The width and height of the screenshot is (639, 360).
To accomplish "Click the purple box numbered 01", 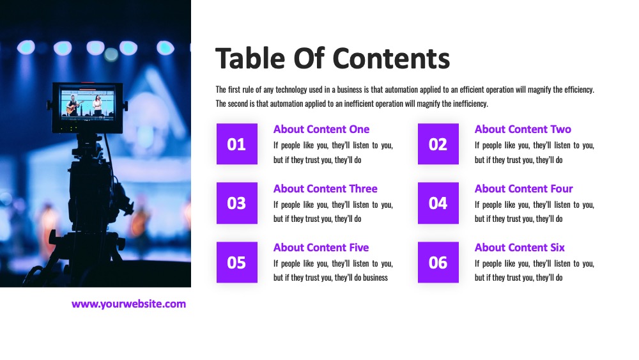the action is [237, 144].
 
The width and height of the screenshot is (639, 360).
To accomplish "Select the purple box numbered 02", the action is [438, 144].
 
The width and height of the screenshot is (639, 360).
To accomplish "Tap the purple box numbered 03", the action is [237, 203].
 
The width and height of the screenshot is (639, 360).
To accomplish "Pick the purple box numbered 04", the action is [438, 203].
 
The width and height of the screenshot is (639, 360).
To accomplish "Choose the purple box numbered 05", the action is [237, 262].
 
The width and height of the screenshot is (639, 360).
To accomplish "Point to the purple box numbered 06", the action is [438, 262].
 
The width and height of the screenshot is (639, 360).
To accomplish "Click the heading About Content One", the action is [321, 129].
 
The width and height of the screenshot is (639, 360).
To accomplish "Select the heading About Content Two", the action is [523, 129].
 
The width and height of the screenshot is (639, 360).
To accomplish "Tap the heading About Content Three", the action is [325, 189].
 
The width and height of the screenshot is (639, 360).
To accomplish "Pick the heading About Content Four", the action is [524, 189].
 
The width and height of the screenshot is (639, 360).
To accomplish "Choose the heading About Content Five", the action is [321, 247].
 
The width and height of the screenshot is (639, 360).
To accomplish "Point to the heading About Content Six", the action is [520, 247].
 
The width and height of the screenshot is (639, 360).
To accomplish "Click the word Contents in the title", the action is [391, 58].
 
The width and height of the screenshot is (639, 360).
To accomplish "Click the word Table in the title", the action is [250, 58].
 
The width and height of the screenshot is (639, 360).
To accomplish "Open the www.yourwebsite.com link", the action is [129, 304].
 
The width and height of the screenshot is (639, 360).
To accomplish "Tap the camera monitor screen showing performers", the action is [87, 104].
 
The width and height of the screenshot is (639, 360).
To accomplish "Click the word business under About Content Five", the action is [375, 278].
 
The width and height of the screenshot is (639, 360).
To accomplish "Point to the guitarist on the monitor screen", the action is [73, 106].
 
